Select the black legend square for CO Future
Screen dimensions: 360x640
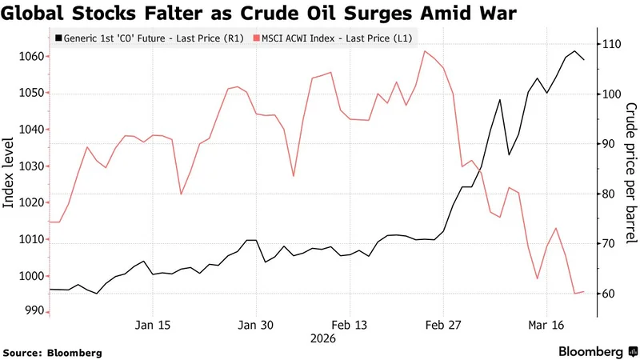[58, 38]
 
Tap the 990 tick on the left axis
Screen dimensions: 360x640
[29, 310]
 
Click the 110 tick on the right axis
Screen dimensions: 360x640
[610, 45]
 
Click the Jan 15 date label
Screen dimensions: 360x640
[153, 326]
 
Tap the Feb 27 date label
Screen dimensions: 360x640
[442, 326]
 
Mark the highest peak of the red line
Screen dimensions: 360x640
[423, 51]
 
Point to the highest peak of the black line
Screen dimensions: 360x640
[575, 51]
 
